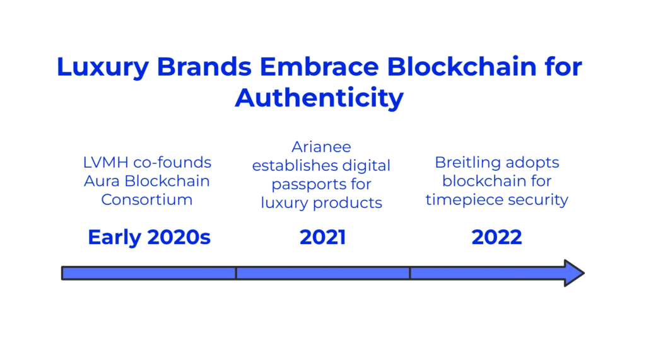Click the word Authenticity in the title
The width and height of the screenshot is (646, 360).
tap(319, 98)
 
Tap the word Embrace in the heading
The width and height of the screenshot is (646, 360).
tap(319, 66)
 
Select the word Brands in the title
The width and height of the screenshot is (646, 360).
tap(204, 66)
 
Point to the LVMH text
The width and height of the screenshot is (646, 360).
tap(106, 162)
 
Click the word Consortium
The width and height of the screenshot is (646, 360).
tap(146, 199)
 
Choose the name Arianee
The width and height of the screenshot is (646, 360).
tap(321, 147)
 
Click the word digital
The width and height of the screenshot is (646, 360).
tap(367, 166)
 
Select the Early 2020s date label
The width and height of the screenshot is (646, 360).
tap(149, 237)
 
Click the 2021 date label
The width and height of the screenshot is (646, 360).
tap(322, 237)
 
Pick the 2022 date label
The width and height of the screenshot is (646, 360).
tap(497, 237)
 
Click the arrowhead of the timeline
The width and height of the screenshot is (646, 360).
tap(574, 273)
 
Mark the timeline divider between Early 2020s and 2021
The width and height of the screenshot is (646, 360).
tap(236, 273)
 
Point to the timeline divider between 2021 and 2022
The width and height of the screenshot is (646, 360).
tap(410, 273)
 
